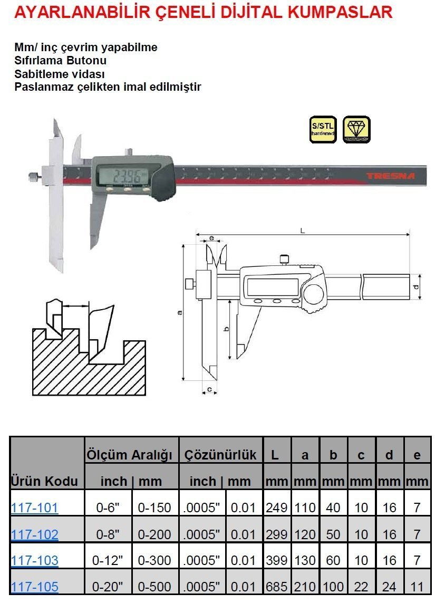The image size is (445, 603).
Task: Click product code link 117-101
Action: pos(34,508)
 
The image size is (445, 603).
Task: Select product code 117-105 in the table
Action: pos(34,586)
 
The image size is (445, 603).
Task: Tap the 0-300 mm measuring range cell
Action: pos(154,560)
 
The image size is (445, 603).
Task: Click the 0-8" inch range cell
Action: pos(110,534)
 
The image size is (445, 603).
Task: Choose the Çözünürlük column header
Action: pos(220,455)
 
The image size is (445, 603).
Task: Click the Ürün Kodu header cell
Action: pos(44,481)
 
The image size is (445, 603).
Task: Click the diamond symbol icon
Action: pos(356,130)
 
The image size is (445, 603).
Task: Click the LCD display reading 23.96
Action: pos(121,177)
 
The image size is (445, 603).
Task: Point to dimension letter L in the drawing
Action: pos(302,231)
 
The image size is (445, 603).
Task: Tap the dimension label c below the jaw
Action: pos(209,389)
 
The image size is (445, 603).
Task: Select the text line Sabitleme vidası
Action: pos(60,74)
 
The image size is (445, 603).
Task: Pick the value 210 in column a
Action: pos(305,586)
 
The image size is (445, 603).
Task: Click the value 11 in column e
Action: pos(417,586)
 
